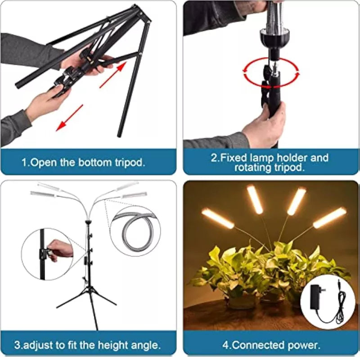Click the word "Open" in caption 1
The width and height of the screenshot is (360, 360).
click(43, 162)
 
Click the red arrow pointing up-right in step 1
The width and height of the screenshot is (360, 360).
click(113, 74)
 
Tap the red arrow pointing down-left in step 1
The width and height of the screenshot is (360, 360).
click(70, 118)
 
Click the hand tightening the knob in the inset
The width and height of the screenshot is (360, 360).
click(59, 249)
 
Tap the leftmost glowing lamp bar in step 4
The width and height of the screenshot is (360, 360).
click(218, 218)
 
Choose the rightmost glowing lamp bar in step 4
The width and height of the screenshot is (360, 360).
click(330, 217)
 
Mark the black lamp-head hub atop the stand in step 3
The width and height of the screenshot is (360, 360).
click(88, 221)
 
